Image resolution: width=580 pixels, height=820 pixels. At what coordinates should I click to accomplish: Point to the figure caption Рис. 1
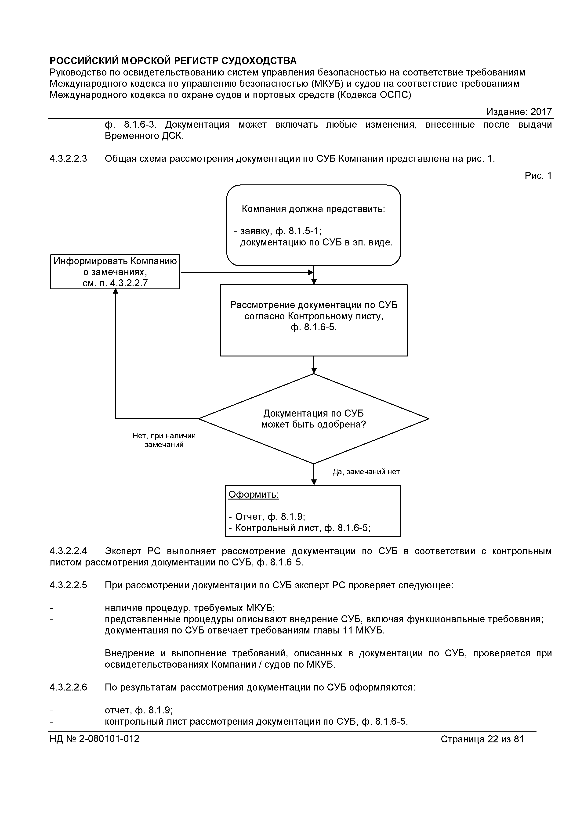(538, 176)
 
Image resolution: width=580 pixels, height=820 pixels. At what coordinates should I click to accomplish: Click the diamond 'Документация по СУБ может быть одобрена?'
(313, 419)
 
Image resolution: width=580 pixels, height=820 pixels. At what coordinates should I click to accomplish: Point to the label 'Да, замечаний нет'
(366, 472)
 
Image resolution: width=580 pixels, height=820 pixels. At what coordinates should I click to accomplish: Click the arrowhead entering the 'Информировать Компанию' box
(116, 292)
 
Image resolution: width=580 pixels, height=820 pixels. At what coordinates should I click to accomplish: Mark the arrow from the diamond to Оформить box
(314, 475)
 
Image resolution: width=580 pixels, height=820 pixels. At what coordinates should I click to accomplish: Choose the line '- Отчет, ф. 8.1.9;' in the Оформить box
(267, 516)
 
